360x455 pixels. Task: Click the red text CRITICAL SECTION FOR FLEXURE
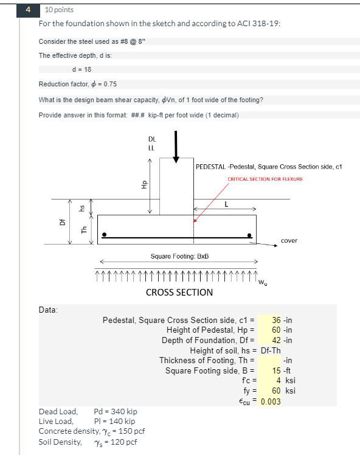[265, 179]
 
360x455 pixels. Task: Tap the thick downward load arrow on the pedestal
[176, 147]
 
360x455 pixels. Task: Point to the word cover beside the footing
[289, 240]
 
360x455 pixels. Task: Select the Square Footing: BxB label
[179, 257]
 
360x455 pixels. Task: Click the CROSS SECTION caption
[179, 292]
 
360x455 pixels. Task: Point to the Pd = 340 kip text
[115, 412]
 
